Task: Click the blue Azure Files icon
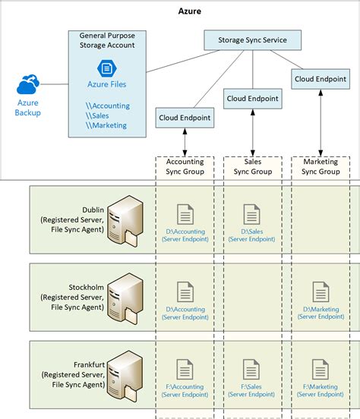[x=106, y=68]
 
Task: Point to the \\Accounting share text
[x=107, y=106]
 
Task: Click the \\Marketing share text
[x=106, y=125]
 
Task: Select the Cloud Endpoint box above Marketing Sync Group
[x=320, y=77]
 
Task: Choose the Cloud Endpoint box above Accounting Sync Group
[x=185, y=118]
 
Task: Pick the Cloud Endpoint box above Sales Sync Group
[x=252, y=98]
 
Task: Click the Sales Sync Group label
[x=252, y=166]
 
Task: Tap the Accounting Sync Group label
[x=185, y=166]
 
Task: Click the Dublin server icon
[x=124, y=221]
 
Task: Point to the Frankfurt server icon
[x=124, y=374]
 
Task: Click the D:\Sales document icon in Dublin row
[x=252, y=214]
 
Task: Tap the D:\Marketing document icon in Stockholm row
[x=321, y=291]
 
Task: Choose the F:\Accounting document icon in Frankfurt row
[x=185, y=369]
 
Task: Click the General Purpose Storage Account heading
[x=107, y=40]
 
